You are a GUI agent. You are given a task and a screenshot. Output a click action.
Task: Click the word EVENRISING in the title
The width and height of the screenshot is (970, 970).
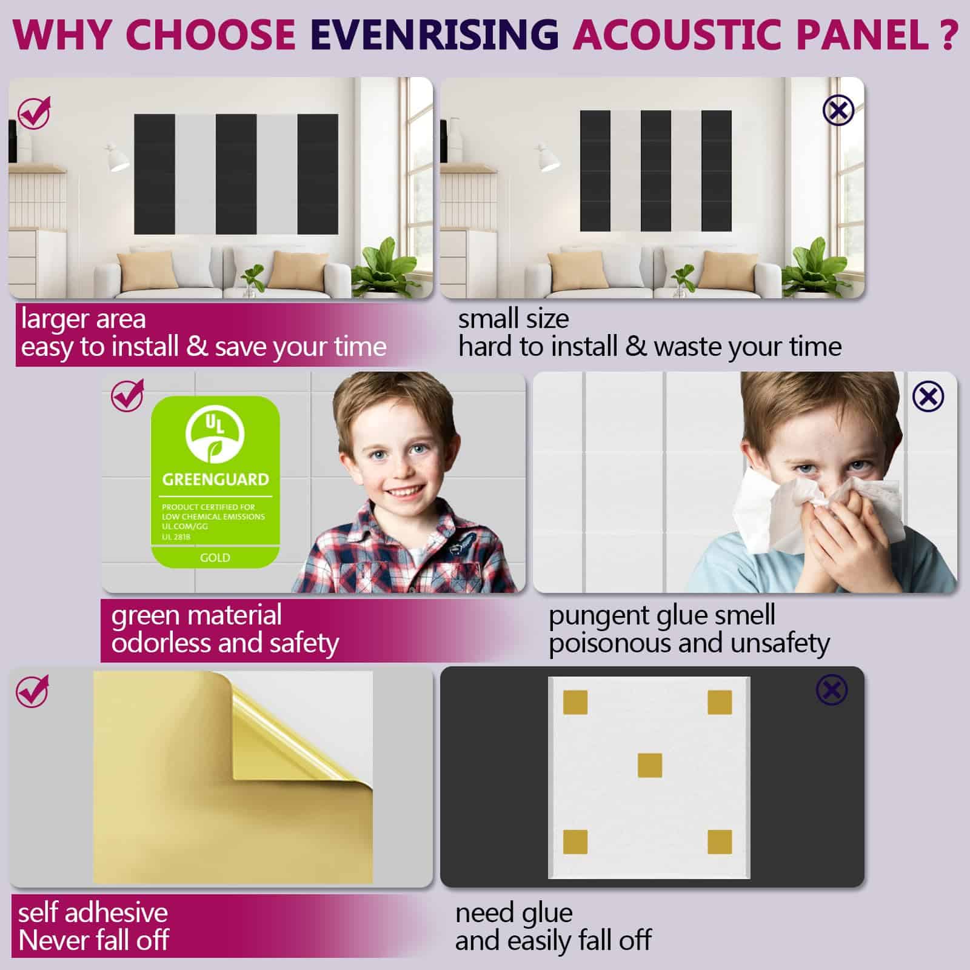click(435, 34)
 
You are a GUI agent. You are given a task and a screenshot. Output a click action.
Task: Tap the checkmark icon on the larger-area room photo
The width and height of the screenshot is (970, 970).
click(34, 113)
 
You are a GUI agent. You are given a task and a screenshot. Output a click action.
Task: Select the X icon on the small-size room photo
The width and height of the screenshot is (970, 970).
click(838, 110)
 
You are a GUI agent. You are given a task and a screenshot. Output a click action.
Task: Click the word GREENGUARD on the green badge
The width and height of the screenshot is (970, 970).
click(215, 480)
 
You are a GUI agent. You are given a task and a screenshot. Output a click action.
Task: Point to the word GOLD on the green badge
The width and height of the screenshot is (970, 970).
click(215, 558)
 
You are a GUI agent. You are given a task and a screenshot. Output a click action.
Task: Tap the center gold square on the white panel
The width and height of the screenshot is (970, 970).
click(650, 765)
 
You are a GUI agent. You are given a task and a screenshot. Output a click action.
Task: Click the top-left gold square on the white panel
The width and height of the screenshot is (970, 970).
click(575, 703)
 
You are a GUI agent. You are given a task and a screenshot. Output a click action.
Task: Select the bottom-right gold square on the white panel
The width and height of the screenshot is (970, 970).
click(720, 842)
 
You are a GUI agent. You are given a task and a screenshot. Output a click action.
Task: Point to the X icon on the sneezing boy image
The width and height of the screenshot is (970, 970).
click(928, 397)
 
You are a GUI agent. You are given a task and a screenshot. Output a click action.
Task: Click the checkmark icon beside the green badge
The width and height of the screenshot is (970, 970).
click(128, 396)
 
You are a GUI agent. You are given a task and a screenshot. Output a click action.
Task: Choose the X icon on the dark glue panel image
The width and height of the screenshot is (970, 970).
click(832, 690)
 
